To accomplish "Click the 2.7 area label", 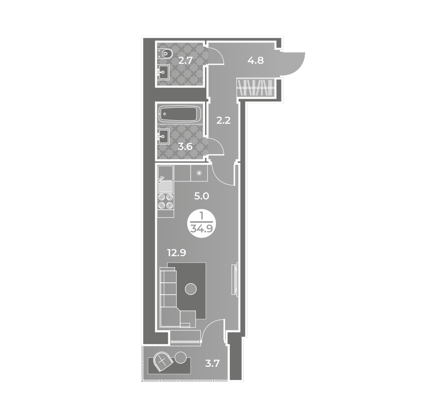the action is click(x=185, y=61).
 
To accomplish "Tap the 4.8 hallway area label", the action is click(x=255, y=61).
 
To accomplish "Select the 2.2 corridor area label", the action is click(x=223, y=121).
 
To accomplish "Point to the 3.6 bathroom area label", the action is click(x=185, y=147).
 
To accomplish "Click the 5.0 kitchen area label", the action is click(x=202, y=196).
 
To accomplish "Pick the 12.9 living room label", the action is click(x=177, y=253).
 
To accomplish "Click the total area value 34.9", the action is click(x=202, y=229).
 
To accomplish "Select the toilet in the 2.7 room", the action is click(x=165, y=54).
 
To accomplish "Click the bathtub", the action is click(x=181, y=114).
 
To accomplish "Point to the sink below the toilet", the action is click(x=164, y=72).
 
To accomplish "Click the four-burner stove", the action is click(x=166, y=201).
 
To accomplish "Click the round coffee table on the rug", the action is click(x=191, y=289).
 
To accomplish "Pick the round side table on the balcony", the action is click(x=181, y=357).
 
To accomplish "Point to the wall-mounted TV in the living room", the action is click(x=235, y=280).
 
